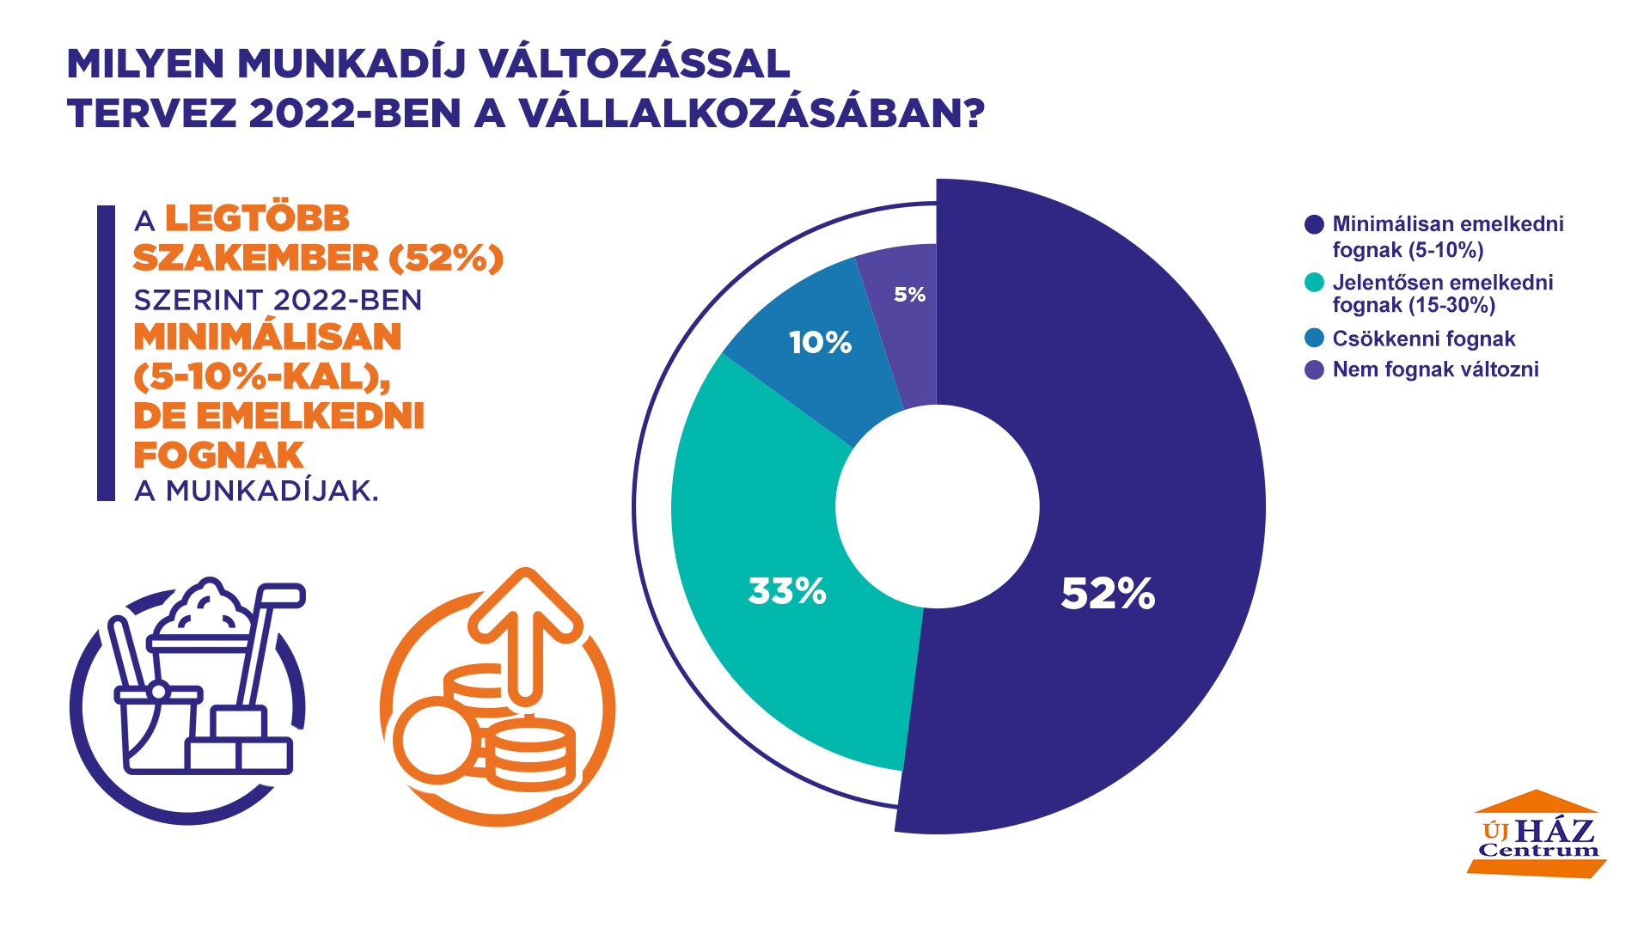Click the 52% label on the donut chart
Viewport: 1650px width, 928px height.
[x=1108, y=594]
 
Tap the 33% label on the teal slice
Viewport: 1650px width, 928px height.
[x=787, y=591]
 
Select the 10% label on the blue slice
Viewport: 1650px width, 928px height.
[x=820, y=343]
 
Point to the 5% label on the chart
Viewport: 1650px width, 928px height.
[x=909, y=295]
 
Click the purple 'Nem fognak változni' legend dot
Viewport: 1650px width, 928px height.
[x=1314, y=370]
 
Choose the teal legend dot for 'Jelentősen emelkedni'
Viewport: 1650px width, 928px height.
[x=1314, y=283]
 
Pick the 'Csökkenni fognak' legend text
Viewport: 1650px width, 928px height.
[x=1423, y=339]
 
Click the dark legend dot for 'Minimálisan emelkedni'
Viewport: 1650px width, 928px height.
[x=1314, y=225]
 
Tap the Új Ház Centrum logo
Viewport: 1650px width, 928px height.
[x=1537, y=835]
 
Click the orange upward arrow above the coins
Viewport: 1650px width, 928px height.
[x=525, y=627]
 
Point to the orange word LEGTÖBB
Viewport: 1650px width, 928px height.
[x=257, y=218]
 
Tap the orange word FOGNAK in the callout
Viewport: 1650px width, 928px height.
[x=219, y=455]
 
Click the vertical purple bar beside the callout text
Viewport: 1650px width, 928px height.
[x=106, y=352]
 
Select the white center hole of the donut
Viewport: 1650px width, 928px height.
[x=937, y=507]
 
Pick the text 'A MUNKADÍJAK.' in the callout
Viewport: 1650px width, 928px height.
[x=256, y=491]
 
